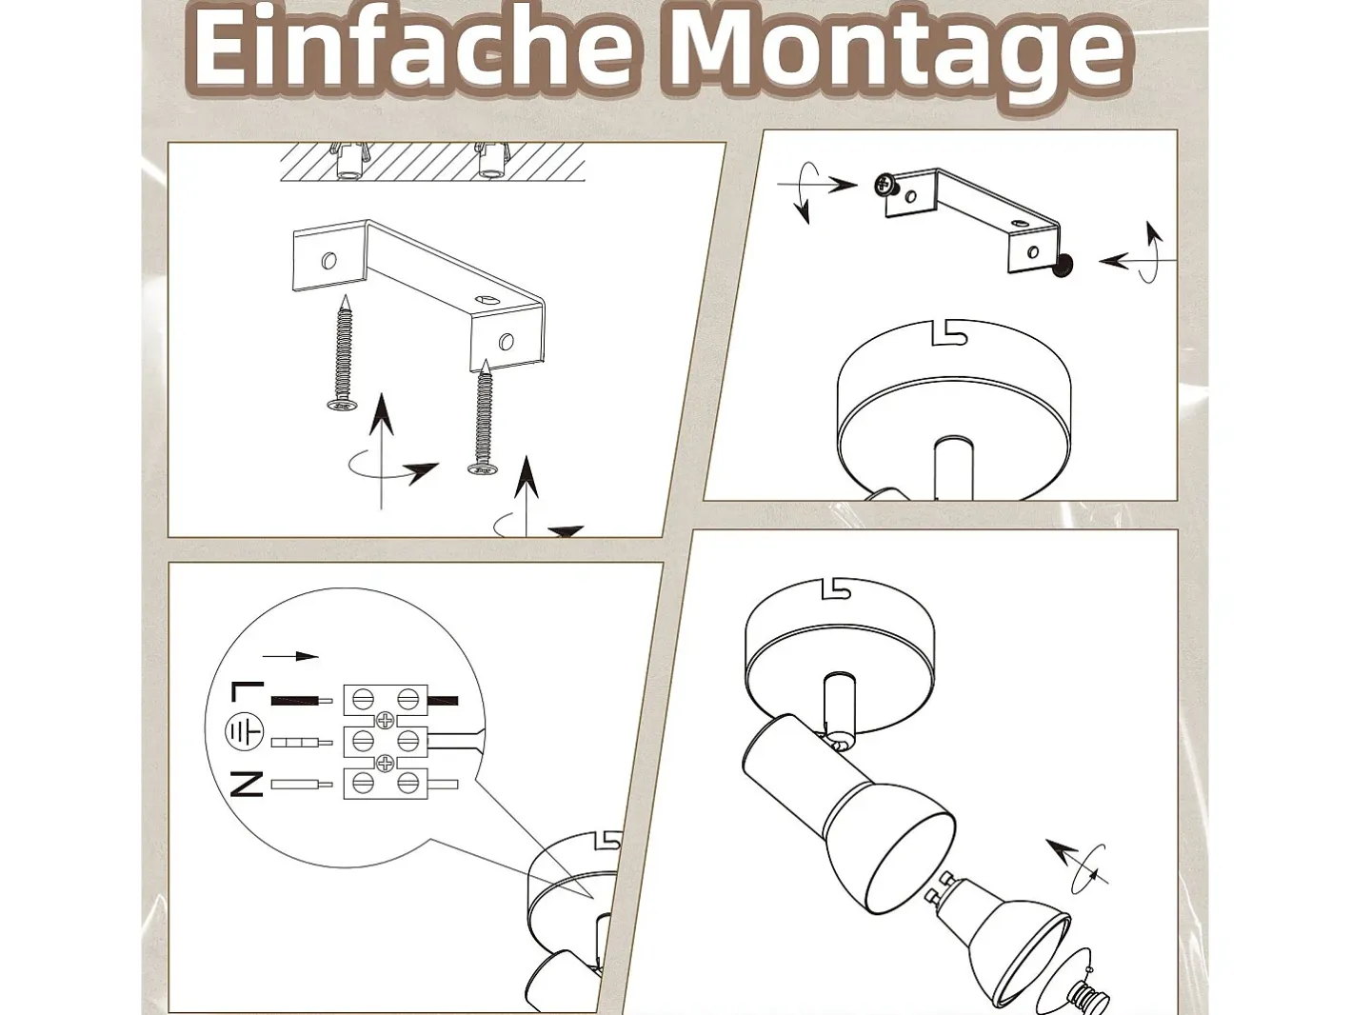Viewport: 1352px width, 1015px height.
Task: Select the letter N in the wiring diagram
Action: point(247,784)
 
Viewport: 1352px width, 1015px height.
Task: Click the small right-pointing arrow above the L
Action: point(290,656)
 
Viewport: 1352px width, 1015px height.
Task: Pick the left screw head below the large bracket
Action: point(343,405)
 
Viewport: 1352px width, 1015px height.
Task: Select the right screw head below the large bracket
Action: point(484,468)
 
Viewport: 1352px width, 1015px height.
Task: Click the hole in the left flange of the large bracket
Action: point(329,261)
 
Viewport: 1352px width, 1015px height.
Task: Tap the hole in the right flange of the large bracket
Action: point(507,341)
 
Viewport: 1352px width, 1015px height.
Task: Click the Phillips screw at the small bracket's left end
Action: point(886,185)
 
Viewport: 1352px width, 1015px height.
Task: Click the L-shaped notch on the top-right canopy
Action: point(949,333)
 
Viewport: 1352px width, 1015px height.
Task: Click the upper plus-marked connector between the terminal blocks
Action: point(386,719)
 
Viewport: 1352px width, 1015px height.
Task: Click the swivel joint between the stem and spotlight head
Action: point(838,739)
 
